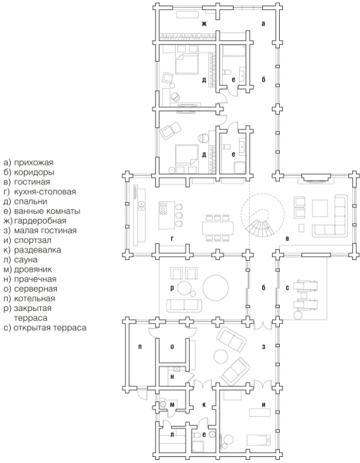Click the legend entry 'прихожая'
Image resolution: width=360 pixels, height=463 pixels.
tap(34, 162)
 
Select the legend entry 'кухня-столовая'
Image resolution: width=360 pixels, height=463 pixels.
tap(45, 191)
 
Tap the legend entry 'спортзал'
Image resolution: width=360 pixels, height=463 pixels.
tap(32, 240)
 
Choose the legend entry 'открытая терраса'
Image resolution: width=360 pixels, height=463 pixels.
tap(50, 328)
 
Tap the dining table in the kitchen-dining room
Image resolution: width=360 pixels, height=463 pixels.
tap(217, 228)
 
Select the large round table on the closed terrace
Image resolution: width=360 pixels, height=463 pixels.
tap(215, 288)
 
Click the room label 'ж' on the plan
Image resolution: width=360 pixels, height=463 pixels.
tap(204, 24)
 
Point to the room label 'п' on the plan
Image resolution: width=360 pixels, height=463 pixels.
tap(140, 347)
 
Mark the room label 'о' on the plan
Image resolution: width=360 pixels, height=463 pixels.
tap(173, 347)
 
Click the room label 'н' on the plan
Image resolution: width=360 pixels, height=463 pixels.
tap(173, 377)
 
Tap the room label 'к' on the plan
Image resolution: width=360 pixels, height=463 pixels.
tap(204, 405)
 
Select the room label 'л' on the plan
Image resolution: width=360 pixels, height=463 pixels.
tap(173, 434)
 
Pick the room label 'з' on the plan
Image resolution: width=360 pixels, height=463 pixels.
tap(264, 347)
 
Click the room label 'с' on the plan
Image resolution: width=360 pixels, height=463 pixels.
tap(288, 288)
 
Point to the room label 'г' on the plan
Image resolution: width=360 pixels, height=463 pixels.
tap(173, 238)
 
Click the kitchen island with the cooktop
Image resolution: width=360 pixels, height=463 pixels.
tap(167, 215)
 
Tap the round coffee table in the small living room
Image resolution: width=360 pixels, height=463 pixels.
tap(220, 356)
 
